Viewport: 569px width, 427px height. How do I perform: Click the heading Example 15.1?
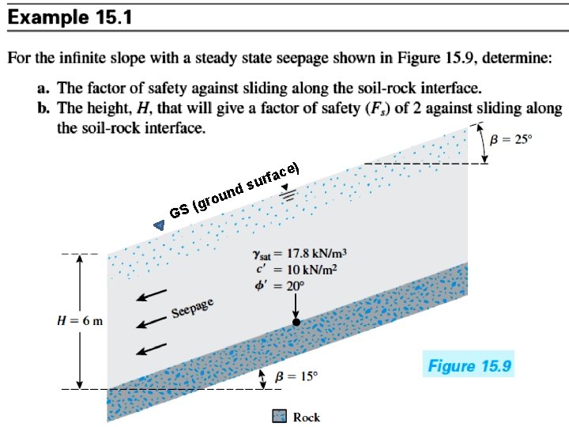70,17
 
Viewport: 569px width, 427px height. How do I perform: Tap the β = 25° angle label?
511,139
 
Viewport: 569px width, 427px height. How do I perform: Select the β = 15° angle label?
296,376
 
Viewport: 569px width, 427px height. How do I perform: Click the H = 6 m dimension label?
80,321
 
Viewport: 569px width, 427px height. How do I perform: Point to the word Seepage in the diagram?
192,308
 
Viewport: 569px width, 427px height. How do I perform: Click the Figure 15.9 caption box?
469,365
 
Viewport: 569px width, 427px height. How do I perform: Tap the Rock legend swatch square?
280,416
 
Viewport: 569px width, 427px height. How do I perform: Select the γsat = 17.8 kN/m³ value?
300,254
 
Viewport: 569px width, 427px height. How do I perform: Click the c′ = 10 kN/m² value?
297,270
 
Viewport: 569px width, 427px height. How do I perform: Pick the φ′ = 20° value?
279,285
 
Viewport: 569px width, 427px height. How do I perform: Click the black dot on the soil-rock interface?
296,322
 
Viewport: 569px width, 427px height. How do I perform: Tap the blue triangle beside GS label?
160,226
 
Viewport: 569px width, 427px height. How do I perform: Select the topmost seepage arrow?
151,295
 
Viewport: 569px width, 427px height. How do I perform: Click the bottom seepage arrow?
151,349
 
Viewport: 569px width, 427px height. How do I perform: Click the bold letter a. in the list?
43,89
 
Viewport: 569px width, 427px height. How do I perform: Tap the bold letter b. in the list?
43,108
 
